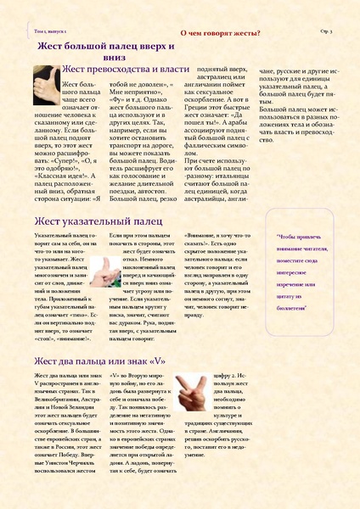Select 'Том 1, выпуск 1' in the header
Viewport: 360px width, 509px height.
coord(48,30)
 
